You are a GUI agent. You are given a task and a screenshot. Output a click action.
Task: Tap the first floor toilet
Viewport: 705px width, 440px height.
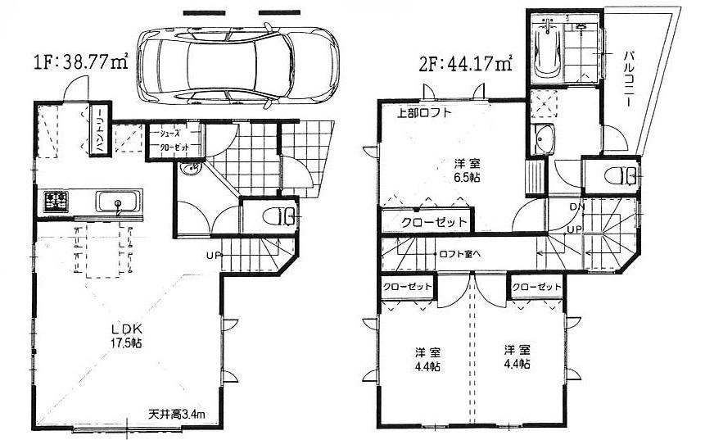(x=278, y=216)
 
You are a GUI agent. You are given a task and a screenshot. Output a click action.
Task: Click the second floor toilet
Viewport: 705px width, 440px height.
(x=626, y=175)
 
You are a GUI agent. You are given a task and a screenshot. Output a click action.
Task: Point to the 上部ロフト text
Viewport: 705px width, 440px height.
(x=424, y=114)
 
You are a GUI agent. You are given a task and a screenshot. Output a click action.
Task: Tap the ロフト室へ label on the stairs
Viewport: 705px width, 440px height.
(x=460, y=252)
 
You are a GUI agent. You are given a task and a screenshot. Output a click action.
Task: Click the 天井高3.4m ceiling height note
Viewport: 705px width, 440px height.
(x=182, y=413)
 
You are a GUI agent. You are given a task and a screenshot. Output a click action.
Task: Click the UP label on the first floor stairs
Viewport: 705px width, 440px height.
(x=212, y=255)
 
